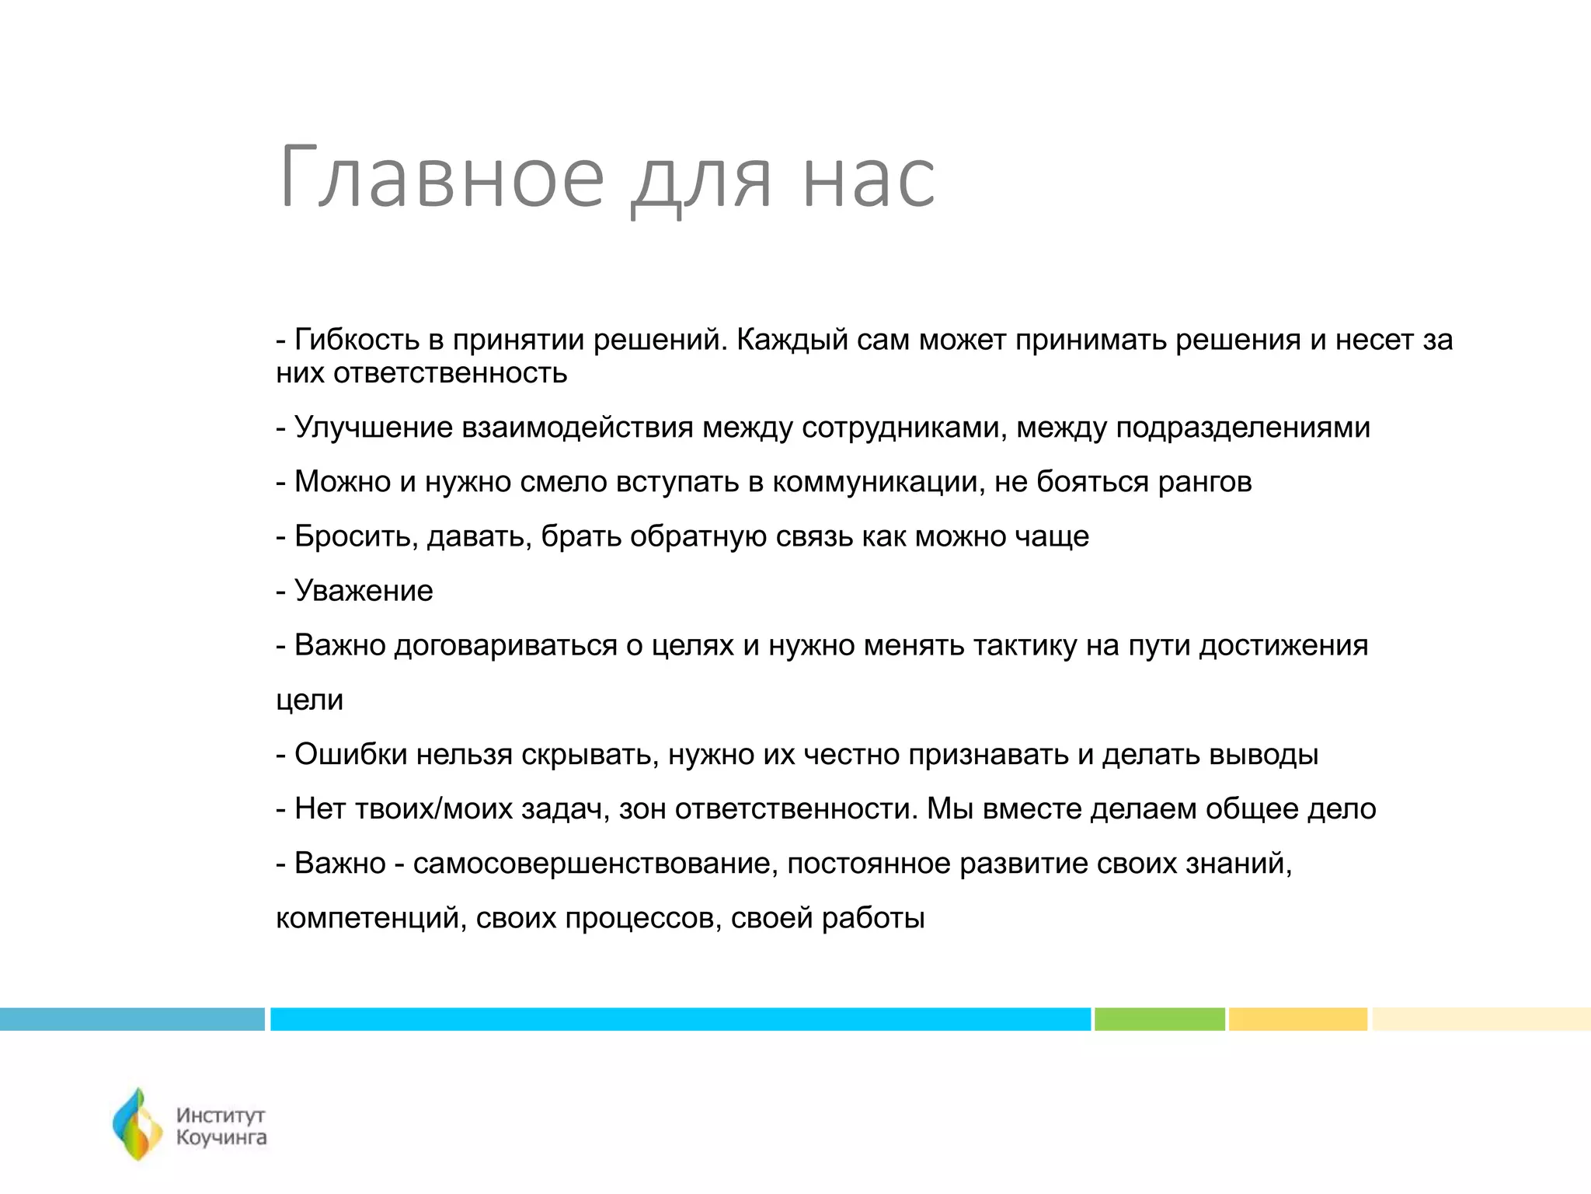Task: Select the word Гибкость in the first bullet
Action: (357, 340)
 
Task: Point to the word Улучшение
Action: (373, 428)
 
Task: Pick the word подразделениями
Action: (1243, 428)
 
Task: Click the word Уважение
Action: (364, 592)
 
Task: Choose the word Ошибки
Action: (350, 755)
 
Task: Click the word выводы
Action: (1264, 755)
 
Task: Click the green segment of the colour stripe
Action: (1159, 1019)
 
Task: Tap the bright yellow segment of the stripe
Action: (1297, 1019)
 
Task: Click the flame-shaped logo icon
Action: (138, 1125)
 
